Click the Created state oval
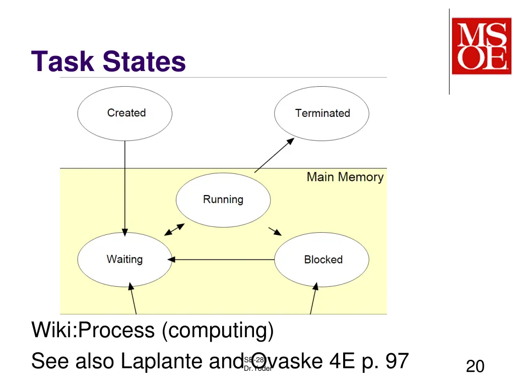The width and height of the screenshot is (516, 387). click(124, 113)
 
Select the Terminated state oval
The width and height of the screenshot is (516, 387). click(321, 113)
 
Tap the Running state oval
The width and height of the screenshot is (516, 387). click(223, 200)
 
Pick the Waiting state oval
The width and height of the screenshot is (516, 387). click(124, 260)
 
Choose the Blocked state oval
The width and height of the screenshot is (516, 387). click(321, 260)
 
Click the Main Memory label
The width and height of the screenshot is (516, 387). click(345, 177)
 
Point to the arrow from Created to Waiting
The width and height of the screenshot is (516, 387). click(124, 186)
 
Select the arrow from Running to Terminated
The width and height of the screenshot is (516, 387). click(274, 155)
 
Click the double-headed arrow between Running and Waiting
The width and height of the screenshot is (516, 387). click(174, 229)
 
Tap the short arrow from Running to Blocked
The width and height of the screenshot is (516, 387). click(275, 231)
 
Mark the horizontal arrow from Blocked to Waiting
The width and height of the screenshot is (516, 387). click(222, 260)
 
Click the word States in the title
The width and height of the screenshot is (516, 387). click(145, 61)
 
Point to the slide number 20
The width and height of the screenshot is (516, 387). click(475, 366)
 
